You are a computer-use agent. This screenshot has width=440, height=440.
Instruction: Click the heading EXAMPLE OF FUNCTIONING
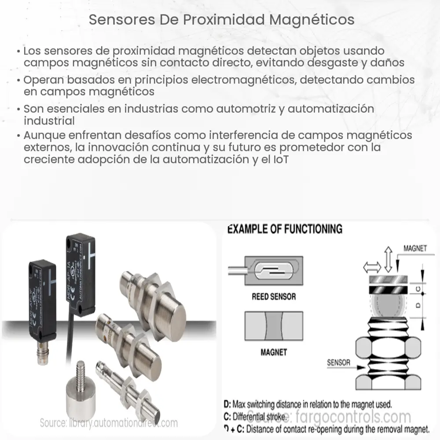point(284,229)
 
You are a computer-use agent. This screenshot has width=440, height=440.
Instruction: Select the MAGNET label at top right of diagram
point(415,248)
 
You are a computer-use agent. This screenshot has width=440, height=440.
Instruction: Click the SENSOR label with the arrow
point(338,363)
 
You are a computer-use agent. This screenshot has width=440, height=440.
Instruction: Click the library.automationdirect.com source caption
point(109,423)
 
